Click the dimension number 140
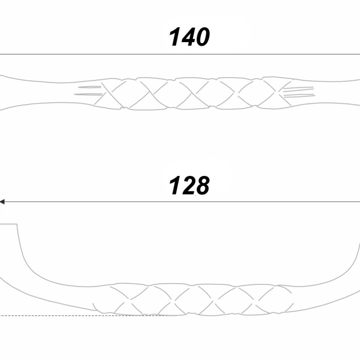pyautogui.click(x=189, y=37)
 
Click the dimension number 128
pyautogui.click(x=189, y=186)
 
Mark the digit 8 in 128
pyautogui.click(x=202, y=186)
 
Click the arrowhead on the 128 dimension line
pyautogui.click(x=2, y=202)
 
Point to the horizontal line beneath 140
pyautogui.click(x=180, y=55)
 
